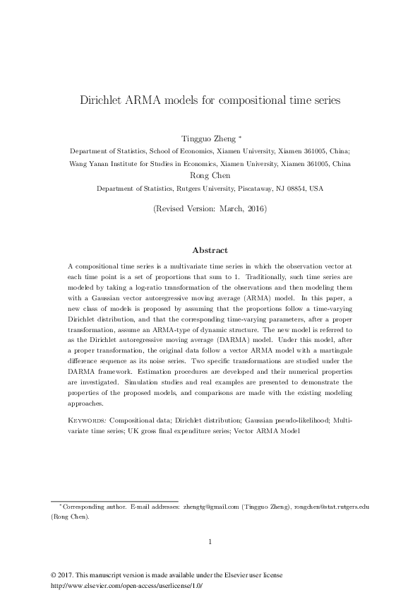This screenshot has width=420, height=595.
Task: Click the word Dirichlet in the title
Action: [x=104, y=100]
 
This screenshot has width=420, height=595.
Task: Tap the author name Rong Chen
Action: [x=210, y=176]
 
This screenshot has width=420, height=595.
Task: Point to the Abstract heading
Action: [x=210, y=250]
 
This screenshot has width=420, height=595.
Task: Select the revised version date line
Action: [x=210, y=209]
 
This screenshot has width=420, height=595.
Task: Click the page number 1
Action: [x=210, y=542]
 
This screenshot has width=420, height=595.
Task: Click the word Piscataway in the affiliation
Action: [x=235, y=189]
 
